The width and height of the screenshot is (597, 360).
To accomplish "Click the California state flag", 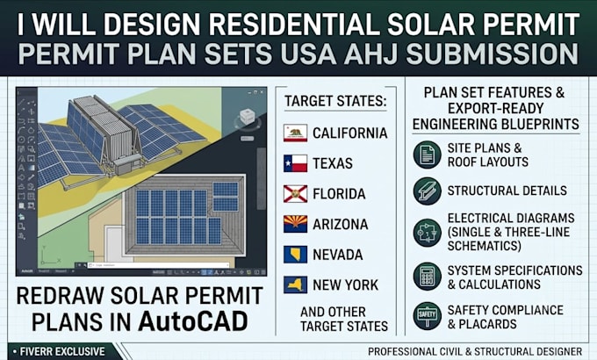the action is point(295,133).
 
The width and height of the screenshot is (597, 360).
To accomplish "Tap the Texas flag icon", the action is point(295,163).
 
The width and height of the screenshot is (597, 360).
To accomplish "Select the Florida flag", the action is point(295,194).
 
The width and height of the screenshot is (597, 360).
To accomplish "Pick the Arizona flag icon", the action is point(295,224).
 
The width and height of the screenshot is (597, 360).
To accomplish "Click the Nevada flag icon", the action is point(295,255).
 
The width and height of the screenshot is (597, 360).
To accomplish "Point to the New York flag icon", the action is point(295,285).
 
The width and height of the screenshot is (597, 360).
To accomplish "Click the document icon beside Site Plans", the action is point(428,155).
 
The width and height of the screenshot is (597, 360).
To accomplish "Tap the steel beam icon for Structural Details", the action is point(428,191).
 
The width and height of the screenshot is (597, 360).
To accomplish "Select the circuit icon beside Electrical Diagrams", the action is point(428,233).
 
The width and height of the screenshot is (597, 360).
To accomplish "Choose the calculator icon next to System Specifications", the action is point(428,277).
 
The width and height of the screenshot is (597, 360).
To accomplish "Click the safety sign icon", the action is point(428,316).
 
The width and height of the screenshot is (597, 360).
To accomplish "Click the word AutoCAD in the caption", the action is point(193,322).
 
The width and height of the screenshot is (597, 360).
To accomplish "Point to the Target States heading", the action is point(335,101).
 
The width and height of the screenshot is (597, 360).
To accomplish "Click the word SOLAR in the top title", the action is point(430,25).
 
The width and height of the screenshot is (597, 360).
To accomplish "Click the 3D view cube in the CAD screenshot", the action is point(247,117).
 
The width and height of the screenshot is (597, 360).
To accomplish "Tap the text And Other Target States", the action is point(344,319).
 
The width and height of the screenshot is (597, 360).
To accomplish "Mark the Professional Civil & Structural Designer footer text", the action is point(475,351).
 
